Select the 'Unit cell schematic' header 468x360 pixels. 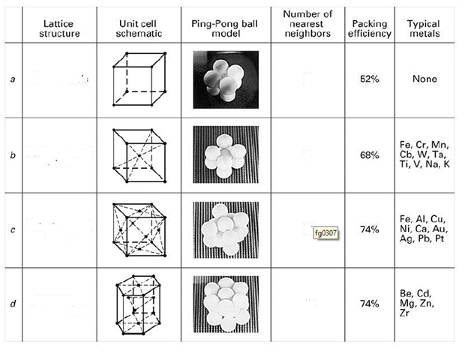click(139, 29)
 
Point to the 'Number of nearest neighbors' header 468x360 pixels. click(307, 25)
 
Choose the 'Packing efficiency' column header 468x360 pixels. click(369, 29)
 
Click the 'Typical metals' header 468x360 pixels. click(424, 29)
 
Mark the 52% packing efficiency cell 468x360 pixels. click(369, 79)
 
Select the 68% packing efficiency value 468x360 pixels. click(369, 154)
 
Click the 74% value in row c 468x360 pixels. click(369, 229)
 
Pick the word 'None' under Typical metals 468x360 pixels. click(424, 79)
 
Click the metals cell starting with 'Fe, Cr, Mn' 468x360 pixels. click(424, 154)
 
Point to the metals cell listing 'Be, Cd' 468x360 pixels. click(417, 303)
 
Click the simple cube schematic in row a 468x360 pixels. click(138, 79)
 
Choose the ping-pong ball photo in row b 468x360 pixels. click(225, 154)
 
